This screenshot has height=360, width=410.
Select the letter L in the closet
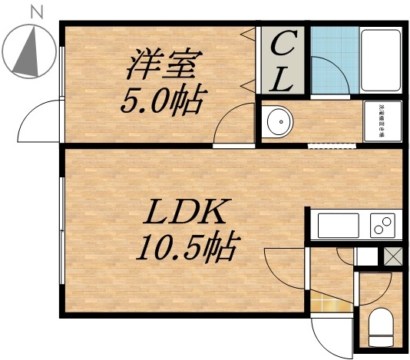coord(283,79)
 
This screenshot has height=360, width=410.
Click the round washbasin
coord(277,122)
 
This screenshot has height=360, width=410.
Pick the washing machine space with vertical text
coord(381,121)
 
